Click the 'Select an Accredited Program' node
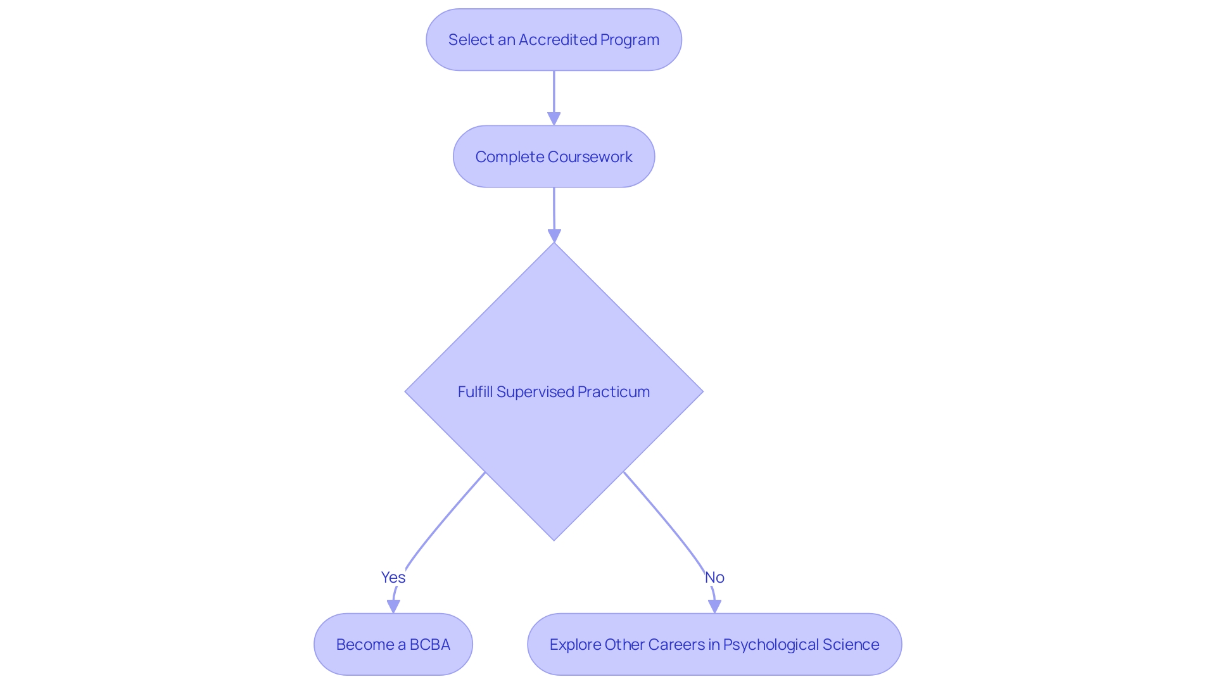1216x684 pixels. [x=554, y=40]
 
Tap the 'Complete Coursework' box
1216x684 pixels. [x=554, y=156]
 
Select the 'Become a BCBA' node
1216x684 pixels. [x=393, y=644]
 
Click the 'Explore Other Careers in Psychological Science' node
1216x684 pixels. [x=714, y=644]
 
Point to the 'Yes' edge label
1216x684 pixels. [x=393, y=577]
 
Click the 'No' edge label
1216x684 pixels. [x=714, y=577]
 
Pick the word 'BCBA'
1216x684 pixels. [x=429, y=644]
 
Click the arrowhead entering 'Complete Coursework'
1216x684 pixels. [x=554, y=118]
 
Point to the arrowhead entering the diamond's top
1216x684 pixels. [x=554, y=236]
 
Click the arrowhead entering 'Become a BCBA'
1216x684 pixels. [x=393, y=606]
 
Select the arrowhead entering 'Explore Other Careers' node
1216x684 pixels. [x=714, y=606]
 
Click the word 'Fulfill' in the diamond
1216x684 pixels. [x=475, y=392]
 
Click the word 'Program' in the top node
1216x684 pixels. [x=630, y=40]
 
